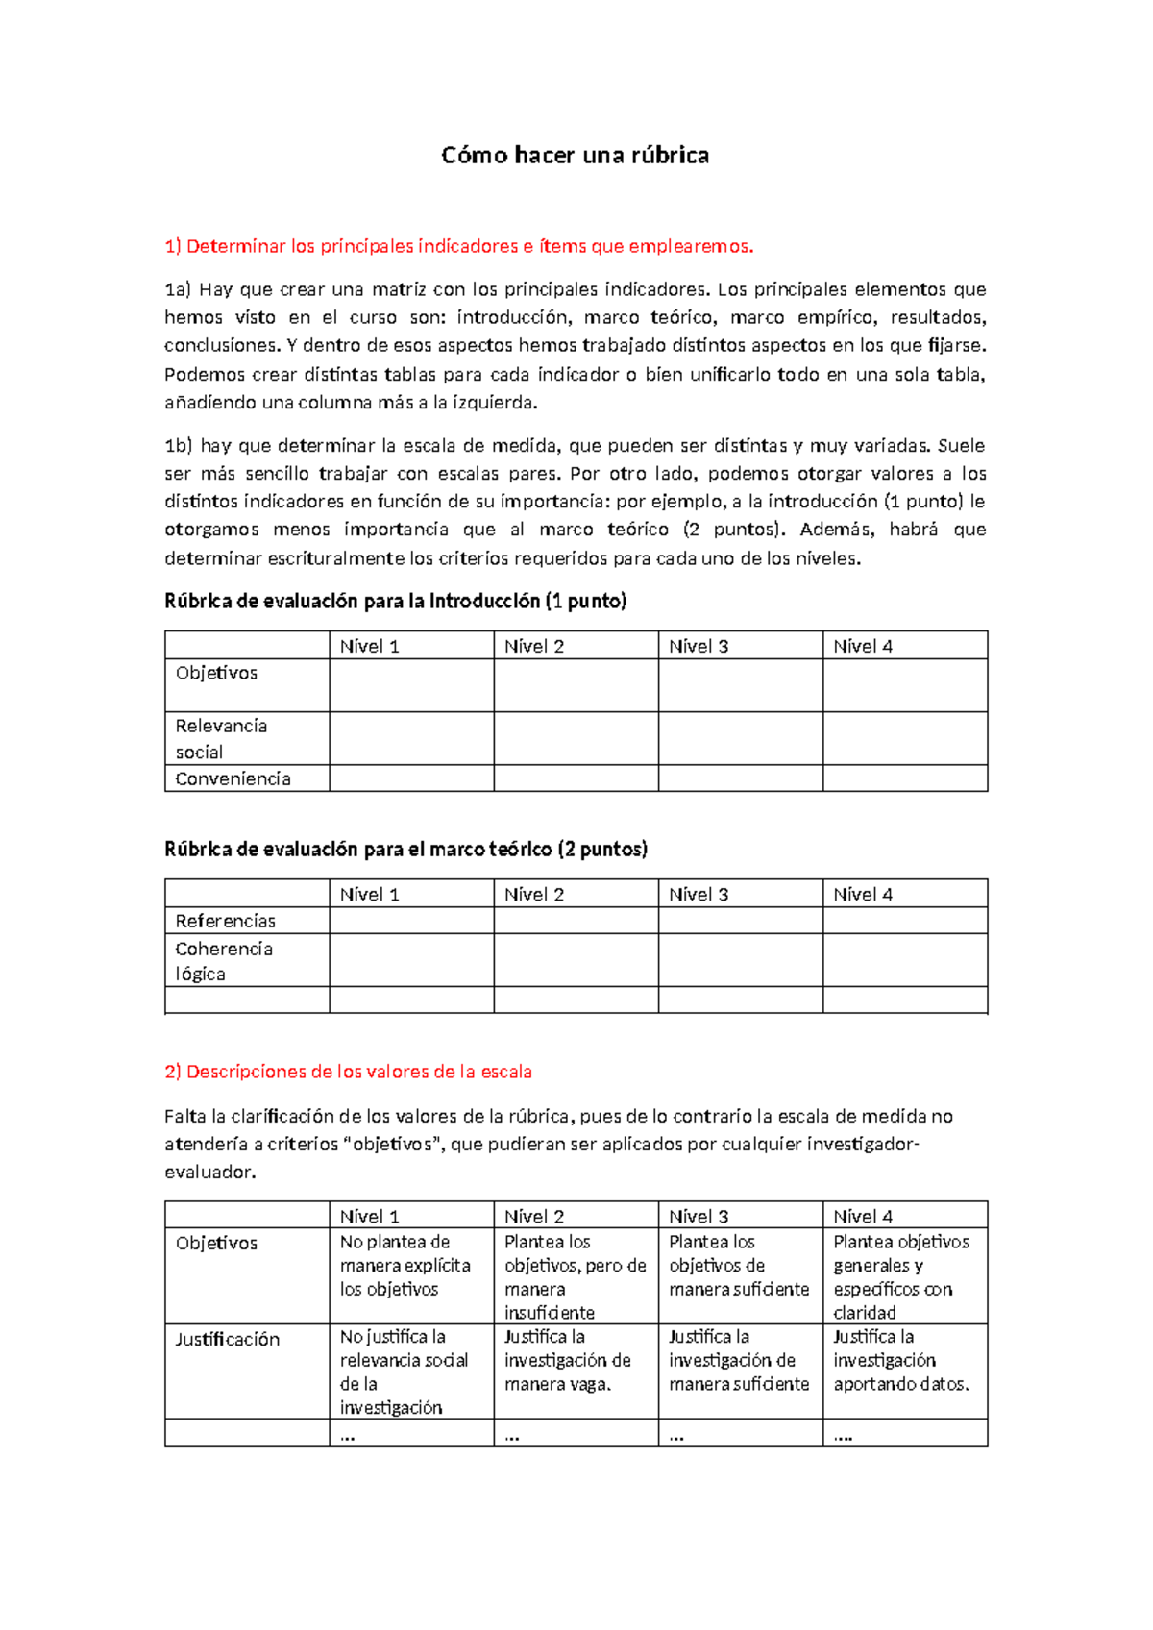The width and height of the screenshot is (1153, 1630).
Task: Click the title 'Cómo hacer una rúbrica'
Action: [575, 155]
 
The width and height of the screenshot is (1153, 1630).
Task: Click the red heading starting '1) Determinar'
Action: [459, 246]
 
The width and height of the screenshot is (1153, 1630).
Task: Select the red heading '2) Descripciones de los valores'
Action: [348, 1072]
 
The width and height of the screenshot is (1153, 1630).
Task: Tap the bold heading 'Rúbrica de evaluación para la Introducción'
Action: [395, 602]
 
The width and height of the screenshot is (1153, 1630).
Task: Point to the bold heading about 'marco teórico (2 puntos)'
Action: [405, 850]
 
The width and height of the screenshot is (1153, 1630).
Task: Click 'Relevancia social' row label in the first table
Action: [221, 738]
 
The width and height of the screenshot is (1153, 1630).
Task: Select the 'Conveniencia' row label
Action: [233, 778]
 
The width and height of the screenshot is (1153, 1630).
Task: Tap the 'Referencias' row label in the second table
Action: [225, 921]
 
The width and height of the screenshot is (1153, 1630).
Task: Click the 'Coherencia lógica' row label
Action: [223, 961]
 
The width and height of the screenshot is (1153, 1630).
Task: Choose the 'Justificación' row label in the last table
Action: [227, 1339]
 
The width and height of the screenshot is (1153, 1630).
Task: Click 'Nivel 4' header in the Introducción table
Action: [863, 646]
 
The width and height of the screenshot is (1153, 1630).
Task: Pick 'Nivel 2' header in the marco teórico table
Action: [534, 894]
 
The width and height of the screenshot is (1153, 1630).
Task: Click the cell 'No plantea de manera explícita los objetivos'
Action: [405, 1266]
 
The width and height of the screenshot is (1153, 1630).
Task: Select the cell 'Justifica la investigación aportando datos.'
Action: [900, 1360]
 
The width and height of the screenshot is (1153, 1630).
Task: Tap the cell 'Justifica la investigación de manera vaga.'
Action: [567, 1360]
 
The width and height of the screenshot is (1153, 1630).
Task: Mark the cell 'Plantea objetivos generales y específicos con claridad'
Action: [900, 1276]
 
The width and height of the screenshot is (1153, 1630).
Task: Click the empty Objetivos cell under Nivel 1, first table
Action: [411, 685]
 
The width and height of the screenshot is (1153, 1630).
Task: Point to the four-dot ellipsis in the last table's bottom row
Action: [843, 1435]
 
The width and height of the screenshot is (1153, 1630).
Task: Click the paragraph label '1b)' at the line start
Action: [179, 446]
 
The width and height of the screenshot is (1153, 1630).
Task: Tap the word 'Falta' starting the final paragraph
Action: [184, 1117]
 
